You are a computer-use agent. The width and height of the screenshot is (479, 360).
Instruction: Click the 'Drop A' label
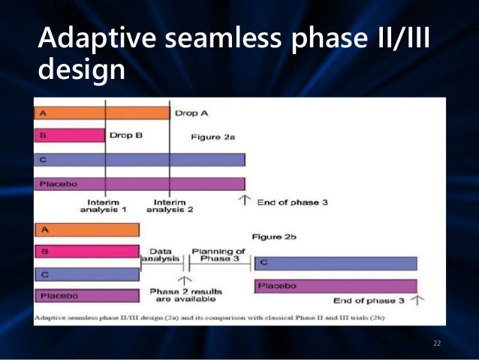(191, 113)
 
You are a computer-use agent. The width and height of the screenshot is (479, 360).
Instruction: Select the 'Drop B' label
(126, 135)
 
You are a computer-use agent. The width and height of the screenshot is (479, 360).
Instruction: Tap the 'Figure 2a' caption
(213, 137)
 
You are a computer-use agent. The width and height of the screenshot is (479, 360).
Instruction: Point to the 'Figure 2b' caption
(274, 237)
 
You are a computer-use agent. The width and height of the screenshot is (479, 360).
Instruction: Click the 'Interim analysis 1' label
(104, 206)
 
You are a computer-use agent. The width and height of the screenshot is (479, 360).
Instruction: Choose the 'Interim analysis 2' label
(170, 206)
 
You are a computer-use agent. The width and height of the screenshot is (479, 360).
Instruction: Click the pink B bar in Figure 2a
(70, 135)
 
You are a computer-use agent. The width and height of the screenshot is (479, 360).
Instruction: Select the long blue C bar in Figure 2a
(140, 159)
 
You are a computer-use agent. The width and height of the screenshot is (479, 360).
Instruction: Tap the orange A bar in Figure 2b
(87, 230)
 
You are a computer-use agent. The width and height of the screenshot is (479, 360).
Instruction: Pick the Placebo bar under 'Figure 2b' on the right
(336, 286)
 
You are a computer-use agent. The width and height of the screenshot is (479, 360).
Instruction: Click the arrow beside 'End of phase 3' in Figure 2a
(245, 201)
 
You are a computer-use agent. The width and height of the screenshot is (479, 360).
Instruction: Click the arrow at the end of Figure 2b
(417, 300)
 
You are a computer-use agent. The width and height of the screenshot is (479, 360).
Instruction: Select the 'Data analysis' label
(161, 255)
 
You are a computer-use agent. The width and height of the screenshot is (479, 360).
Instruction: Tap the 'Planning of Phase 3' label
(218, 255)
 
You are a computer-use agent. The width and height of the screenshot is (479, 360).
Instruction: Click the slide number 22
(437, 343)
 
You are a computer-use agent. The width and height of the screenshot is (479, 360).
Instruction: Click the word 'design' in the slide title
(82, 70)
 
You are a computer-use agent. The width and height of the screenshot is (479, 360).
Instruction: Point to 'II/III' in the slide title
(404, 38)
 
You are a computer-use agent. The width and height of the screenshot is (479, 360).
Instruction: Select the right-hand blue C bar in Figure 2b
(336, 264)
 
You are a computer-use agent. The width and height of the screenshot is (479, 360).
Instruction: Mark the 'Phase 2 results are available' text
(185, 295)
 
